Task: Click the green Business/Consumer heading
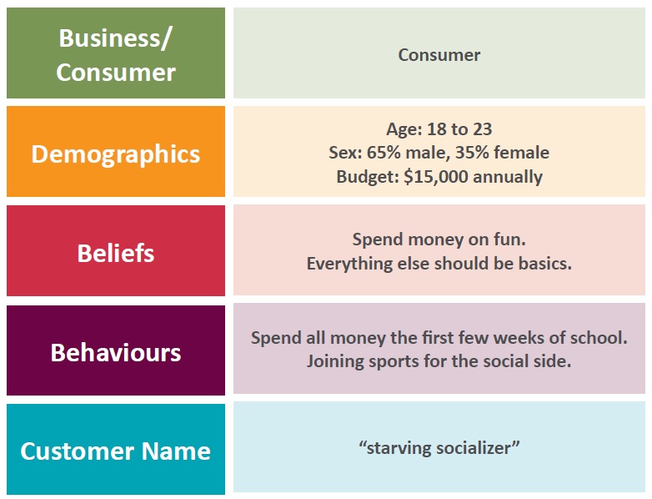[116, 54]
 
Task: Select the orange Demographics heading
[116, 154]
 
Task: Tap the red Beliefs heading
[116, 253]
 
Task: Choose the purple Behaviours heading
[116, 352]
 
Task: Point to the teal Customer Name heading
[116, 451]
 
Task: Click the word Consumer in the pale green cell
[439, 55]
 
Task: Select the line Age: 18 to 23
[439, 129]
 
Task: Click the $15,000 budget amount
[436, 176]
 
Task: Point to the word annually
[508, 177]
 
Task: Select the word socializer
[472, 448]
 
